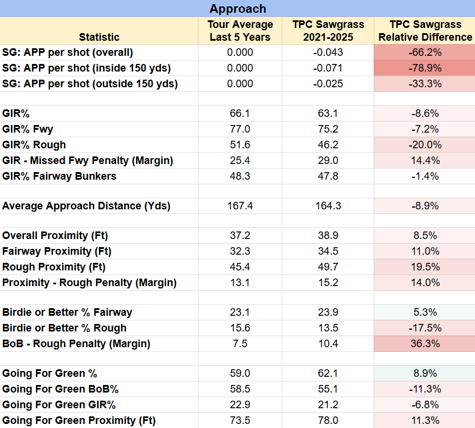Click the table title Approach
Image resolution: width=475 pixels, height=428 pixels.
238,9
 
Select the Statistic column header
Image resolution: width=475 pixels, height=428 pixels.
99,37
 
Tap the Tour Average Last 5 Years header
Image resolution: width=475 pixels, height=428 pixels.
240,31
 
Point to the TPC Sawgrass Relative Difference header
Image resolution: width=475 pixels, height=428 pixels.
426,31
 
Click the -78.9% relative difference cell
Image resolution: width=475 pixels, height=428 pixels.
425,68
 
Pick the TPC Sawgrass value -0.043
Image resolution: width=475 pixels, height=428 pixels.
328,52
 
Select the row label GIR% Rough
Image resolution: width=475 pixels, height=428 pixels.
34,145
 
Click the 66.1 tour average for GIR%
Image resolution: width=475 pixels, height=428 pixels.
240,113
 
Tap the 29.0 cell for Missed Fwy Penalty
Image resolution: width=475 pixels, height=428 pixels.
328,160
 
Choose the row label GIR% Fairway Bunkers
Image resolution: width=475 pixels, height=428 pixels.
59,176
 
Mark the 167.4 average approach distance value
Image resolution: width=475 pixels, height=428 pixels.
240,206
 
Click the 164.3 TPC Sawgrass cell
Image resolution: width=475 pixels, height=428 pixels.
328,206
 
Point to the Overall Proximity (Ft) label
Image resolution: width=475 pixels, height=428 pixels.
55,236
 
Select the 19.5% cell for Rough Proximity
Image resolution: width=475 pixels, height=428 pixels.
425,267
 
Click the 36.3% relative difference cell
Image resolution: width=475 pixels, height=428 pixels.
425,344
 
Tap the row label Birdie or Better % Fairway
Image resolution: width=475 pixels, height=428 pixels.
68,312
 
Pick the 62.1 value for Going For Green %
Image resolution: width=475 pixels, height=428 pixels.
328,373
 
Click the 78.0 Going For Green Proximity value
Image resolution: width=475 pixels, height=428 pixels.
328,420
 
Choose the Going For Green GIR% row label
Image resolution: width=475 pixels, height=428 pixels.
59,405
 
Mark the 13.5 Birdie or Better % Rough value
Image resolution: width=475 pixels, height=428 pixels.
328,328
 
